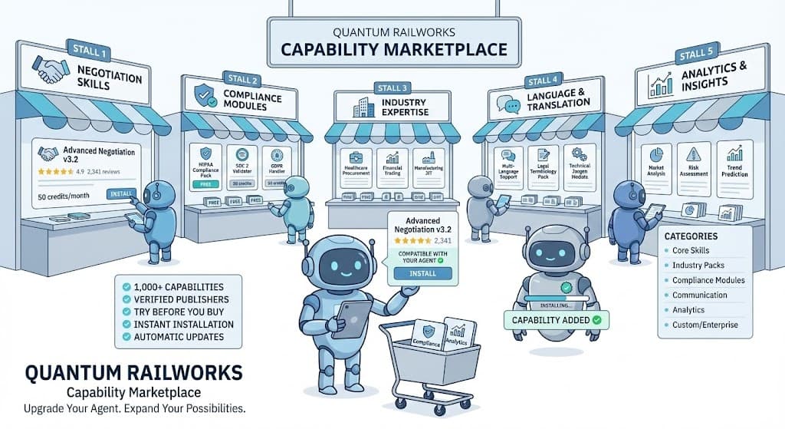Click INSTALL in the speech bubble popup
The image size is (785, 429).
pyautogui.click(x=422, y=272)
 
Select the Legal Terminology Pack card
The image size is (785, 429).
pyautogui.click(x=546, y=165)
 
